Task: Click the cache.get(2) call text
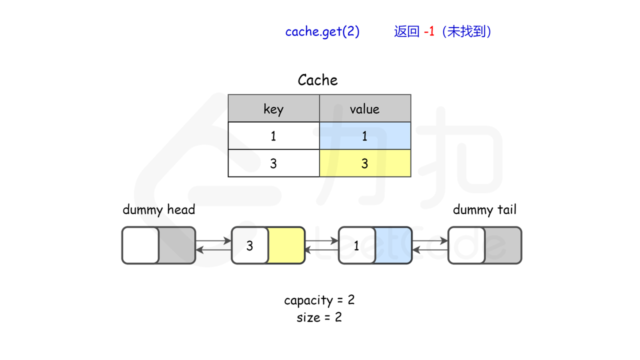pyautogui.click(x=322, y=31)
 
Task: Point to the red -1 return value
pyautogui.click(x=429, y=31)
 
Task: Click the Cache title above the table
pyautogui.click(x=317, y=80)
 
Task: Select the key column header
pyautogui.click(x=273, y=108)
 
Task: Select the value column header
pyautogui.click(x=364, y=108)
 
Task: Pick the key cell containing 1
pyautogui.click(x=273, y=136)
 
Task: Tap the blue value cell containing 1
pyautogui.click(x=364, y=136)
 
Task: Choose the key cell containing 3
pyautogui.click(x=273, y=163)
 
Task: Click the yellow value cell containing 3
pyautogui.click(x=364, y=163)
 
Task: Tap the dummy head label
pyautogui.click(x=158, y=209)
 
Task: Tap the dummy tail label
pyautogui.click(x=484, y=209)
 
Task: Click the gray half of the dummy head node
pyautogui.click(x=176, y=245)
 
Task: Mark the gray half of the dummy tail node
pyautogui.click(x=502, y=245)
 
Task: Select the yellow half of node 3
pyautogui.click(x=286, y=245)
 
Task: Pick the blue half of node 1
pyautogui.click(x=393, y=245)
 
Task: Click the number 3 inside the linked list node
pyautogui.click(x=249, y=245)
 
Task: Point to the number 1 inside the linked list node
pyautogui.click(x=356, y=245)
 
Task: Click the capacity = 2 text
pyautogui.click(x=319, y=300)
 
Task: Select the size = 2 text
pyautogui.click(x=319, y=317)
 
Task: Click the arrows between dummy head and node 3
pyautogui.click(x=213, y=245)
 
